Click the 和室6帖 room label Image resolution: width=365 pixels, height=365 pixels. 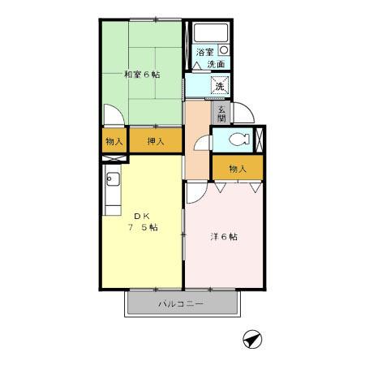[141, 75]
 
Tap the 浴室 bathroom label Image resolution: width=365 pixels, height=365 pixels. [204, 52]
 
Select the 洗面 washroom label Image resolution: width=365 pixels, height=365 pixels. [216, 64]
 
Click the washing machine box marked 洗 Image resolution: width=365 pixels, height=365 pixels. [219, 84]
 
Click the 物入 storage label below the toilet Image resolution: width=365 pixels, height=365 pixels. [237, 169]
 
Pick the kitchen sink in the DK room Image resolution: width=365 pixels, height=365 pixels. [112, 181]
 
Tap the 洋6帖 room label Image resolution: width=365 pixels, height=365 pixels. [224, 237]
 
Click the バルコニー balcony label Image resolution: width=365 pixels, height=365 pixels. [181, 304]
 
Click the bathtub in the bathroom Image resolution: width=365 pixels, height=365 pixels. [210, 33]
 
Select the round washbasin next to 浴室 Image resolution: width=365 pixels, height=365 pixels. [224, 50]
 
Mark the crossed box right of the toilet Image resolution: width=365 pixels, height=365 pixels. [260, 140]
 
